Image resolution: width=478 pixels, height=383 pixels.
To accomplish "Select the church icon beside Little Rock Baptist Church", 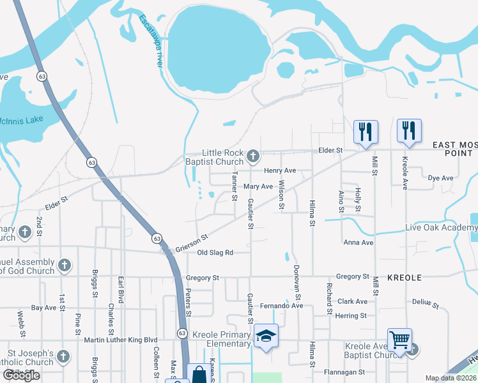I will (x=254, y=156).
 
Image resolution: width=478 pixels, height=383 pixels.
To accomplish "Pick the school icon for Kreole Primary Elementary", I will (x=266, y=336).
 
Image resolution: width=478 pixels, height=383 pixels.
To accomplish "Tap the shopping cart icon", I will (x=399, y=340).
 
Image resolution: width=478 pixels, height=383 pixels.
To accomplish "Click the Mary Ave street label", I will (x=258, y=186).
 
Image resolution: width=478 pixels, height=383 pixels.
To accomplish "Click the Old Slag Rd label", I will (x=215, y=253).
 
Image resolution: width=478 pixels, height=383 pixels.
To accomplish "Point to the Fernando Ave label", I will (x=281, y=306).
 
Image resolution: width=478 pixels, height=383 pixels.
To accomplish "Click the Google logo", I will (x=21, y=375).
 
